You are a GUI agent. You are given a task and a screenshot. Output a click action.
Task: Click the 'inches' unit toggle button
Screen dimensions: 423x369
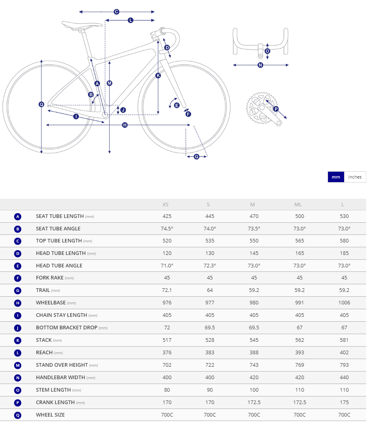tap(355, 177)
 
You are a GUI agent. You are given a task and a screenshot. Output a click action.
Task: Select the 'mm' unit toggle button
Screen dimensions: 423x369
tap(336, 177)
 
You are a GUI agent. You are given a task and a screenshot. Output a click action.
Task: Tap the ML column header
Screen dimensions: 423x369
tap(298, 205)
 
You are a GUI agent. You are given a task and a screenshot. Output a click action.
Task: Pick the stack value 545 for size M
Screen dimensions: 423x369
tap(253, 340)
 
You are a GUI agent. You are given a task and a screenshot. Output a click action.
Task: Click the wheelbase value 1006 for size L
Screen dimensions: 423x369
tap(344, 303)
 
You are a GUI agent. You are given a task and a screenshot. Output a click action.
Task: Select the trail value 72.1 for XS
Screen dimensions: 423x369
tap(167, 290)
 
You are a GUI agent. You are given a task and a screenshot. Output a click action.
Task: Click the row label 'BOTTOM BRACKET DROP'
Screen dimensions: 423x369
tap(67, 328)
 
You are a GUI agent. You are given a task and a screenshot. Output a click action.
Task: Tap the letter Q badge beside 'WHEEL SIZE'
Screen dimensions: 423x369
tap(17, 415)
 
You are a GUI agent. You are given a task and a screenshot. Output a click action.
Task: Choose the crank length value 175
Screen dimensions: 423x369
tap(344, 402)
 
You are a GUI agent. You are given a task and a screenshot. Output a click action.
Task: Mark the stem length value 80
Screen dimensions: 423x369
tap(167, 390)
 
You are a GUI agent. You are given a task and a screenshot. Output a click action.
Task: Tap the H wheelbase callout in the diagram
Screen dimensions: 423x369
tap(125, 125)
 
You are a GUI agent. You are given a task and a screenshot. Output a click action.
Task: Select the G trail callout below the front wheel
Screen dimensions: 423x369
tap(197, 156)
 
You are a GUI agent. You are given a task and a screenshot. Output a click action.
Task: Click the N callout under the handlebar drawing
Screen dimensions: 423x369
tap(260, 65)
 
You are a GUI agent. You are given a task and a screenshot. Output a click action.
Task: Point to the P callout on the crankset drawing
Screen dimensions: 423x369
tap(276, 109)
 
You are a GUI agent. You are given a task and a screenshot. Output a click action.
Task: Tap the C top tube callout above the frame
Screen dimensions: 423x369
tap(116, 12)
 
